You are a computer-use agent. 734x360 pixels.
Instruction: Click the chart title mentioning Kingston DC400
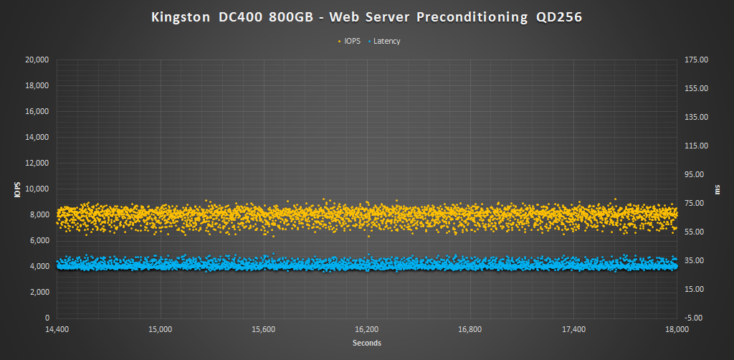click(x=366, y=17)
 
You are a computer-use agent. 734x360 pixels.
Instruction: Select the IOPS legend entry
click(x=352, y=41)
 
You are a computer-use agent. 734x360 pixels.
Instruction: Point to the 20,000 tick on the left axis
click(x=37, y=60)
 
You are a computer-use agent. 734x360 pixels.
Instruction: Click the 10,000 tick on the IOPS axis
click(x=37, y=189)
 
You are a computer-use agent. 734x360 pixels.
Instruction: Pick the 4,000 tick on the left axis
click(x=39, y=266)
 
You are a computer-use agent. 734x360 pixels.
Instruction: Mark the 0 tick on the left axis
click(x=47, y=318)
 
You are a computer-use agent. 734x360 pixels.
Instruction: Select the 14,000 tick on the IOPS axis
click(x=37, y=137)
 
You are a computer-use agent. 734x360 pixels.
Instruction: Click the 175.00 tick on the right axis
click(x=696, y=60)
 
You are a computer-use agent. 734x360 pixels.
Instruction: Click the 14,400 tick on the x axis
click(x=57, y=330)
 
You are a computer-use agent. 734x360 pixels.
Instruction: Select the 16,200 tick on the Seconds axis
click(x=366, y=330)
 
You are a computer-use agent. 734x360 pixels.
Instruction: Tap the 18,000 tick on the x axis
click(x=677, y=330)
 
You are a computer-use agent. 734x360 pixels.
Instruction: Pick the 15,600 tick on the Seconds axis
click(x=263, y=330)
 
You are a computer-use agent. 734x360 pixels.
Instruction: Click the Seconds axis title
click(x=366, y=344)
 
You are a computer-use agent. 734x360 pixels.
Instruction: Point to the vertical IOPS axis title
click(x=16, y=189)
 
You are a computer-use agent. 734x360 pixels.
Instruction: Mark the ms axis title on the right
click(x=718, y=189)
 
